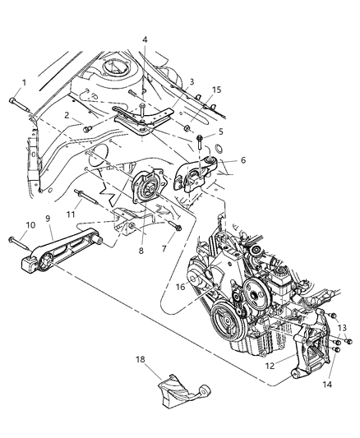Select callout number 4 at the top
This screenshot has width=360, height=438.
point(145,39)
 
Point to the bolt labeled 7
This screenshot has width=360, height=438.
point(176,226)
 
